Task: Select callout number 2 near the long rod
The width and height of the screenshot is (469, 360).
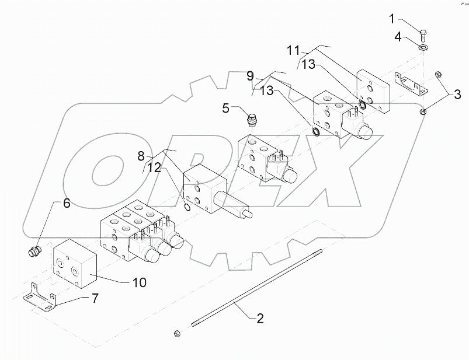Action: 260,319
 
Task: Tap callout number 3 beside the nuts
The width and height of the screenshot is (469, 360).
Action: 457,93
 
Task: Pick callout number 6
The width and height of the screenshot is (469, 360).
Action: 66,204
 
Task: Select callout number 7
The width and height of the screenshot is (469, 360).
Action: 94,298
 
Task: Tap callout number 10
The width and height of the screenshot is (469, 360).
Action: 139,282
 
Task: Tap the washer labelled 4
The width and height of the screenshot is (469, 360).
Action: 423,46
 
